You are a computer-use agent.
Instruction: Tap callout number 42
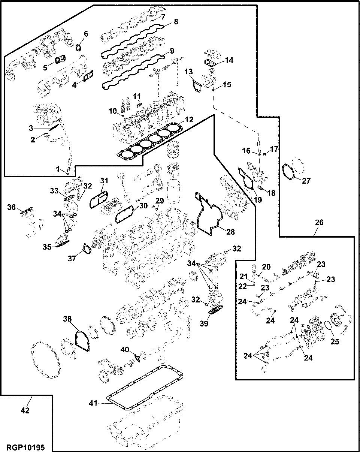pyautogui.click(x=25, y=410)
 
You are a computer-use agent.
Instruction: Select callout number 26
pyautogui.click(x=319, y=222)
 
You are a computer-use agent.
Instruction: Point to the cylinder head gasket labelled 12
pyautogui.click(x=150, y=141)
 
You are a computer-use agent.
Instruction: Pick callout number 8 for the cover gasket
pyautogui.click(x=176, y=21)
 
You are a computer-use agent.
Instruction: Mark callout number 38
pyautogui.click(x=67, y=319)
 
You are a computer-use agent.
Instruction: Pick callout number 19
pyautogui.click(x=258, y=200)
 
